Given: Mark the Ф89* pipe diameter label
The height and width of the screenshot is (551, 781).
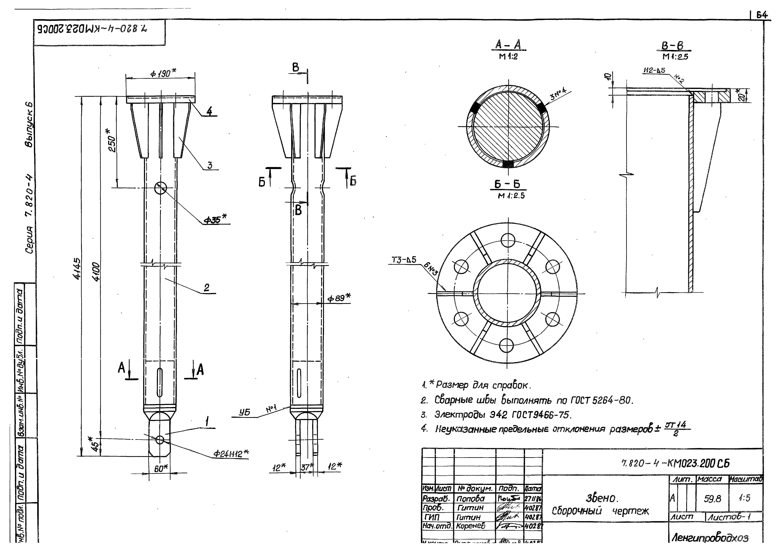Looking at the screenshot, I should point(339,298).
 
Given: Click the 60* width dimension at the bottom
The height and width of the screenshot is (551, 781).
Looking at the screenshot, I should point(161,468).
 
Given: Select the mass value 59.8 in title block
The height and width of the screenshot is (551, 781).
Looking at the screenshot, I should point(712,499).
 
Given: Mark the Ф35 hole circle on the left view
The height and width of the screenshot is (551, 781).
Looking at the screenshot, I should point(161,188).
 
